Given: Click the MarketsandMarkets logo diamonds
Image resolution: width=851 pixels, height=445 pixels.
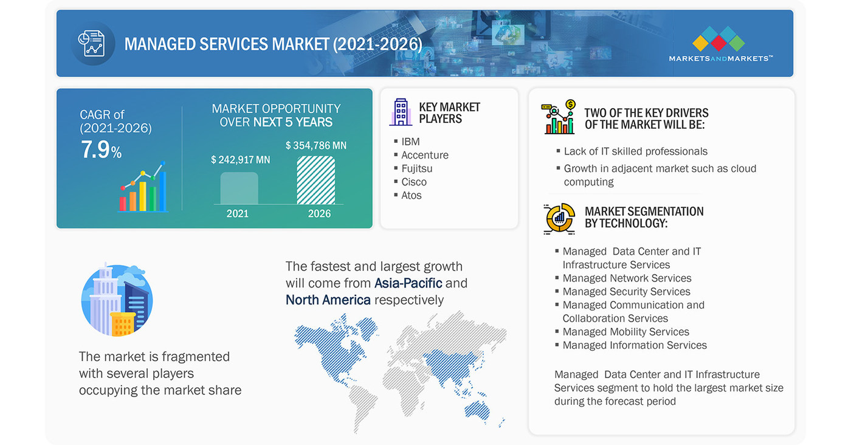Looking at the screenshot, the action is pyautogui.click(x=718, y=38).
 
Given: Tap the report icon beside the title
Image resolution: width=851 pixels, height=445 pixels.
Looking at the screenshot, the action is pyautogui.click(x=92, y=43).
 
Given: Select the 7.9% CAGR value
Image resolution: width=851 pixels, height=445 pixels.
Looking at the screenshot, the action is pyautogui.click(x=101, y=150).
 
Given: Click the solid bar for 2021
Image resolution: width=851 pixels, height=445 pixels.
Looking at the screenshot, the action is pyautogui.click(x=239, y=188).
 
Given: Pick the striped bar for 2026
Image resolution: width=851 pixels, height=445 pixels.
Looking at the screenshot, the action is pyautogui.click(x=315, y=180).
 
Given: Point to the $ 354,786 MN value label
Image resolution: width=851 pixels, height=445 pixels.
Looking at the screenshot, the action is pyautogui.click(x=315, y=145).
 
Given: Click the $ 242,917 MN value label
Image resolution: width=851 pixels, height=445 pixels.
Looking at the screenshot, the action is pyautogui.click(x=241, y=160).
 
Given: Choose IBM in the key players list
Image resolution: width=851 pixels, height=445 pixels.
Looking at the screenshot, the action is pyautogui.click(x=410, y=142).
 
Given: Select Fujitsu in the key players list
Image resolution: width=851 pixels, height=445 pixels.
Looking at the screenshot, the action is pyautogui.click(x=417, y=168).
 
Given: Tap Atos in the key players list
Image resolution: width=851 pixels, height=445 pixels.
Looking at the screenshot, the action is pyautogui.click(x=412, y=195).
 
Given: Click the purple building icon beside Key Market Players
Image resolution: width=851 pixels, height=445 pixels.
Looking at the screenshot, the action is pyautogui.click(x=401, y=112).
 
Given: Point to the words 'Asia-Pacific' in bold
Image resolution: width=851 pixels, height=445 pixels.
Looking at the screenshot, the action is pyautogui.click(x=408, y=283).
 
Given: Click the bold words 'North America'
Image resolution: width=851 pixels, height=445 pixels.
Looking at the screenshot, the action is pyautogui.click(x=328, y=300).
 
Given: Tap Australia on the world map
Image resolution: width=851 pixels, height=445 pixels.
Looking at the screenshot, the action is pyautogui.click(x=477, y=410).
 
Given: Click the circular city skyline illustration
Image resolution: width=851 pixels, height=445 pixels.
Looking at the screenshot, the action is pyautogui.click(x=117, y=300).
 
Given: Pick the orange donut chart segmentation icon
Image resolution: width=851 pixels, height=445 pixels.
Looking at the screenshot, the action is pyautogui.click(x=559, y=218).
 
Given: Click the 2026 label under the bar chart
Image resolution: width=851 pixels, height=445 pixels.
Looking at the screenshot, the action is pyautogui.click(x=319, y=213).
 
